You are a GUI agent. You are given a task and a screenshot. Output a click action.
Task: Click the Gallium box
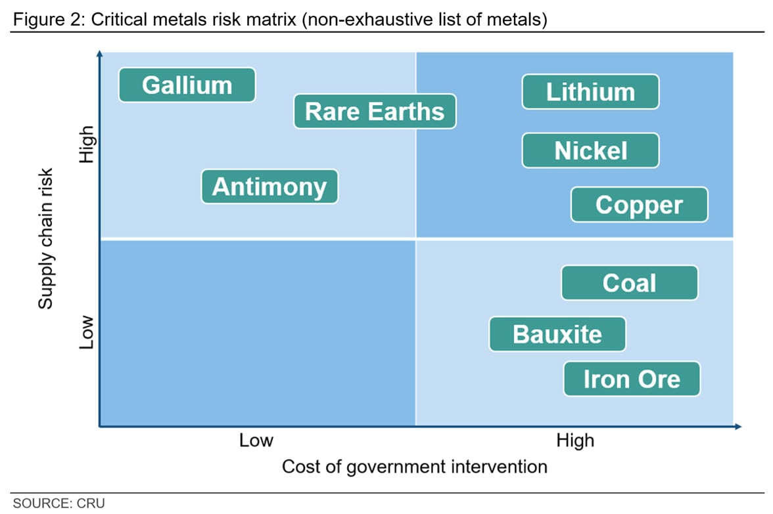point(187,85)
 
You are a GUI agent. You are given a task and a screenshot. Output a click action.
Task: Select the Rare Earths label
point(375,112)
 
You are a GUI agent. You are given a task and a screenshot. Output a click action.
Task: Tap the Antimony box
point(269,186)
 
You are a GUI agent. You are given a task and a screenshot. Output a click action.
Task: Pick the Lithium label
point(590,92)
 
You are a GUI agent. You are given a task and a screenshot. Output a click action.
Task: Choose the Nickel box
point(590,151)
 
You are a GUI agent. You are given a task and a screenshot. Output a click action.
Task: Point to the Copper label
point(640,205)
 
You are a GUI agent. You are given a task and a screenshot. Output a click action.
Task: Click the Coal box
point(630,283)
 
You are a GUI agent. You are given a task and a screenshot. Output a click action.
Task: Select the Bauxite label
point(557,334)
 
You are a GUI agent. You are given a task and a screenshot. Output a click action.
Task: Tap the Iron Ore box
point(632,379)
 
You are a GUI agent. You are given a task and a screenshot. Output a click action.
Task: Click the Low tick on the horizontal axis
point(256,440)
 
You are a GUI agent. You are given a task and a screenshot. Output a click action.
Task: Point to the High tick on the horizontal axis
point(575,440)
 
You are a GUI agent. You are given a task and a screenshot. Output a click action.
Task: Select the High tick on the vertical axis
point(86,144)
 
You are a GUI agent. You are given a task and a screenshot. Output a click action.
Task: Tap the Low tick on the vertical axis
point(86,332)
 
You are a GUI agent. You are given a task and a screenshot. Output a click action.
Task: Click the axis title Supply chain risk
point(45,239)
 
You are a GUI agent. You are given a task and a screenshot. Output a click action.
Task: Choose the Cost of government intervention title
point(415,467)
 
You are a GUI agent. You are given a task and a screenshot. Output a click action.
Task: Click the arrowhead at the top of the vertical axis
point(100,54)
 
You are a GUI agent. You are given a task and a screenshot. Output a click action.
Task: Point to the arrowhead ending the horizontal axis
point(738,427)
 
